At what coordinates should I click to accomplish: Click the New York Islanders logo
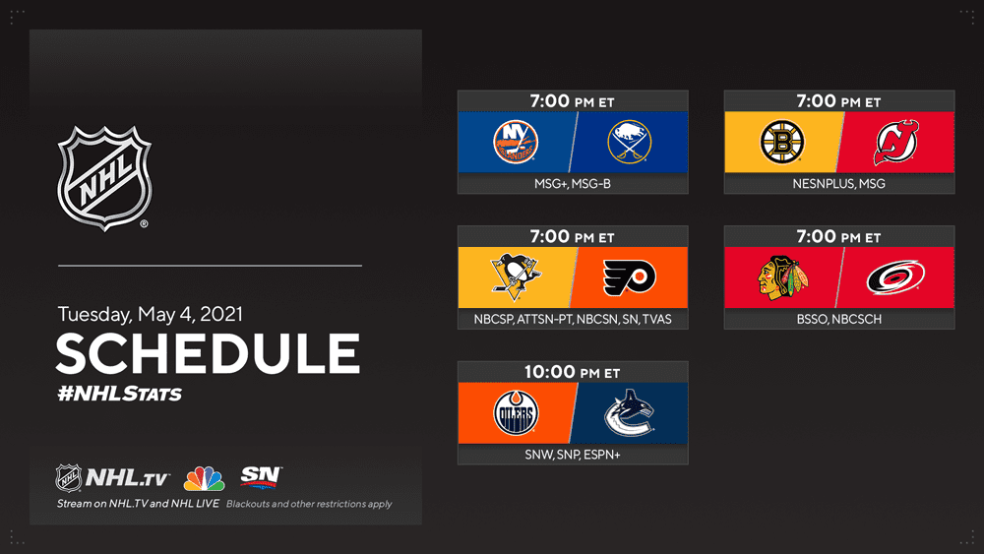516,142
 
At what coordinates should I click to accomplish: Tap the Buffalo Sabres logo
630,142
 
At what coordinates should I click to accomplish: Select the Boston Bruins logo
782,142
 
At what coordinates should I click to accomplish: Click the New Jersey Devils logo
896,143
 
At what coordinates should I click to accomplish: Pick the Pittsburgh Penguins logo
516,277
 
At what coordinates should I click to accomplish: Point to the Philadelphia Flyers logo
630,277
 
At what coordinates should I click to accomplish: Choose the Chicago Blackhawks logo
782,277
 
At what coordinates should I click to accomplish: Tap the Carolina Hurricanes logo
895,277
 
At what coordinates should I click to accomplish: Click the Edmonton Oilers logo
516,413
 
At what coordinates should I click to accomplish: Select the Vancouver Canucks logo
629,413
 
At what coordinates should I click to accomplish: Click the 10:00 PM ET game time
573,372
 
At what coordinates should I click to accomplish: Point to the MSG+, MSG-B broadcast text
573,184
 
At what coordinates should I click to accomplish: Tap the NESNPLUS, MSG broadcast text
839,184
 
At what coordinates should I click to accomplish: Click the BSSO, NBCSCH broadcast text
839,320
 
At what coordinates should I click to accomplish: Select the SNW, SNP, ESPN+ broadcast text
573,455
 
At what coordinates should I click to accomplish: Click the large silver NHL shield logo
105,178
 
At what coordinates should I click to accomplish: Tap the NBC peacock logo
204,478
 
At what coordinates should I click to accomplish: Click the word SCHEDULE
209,353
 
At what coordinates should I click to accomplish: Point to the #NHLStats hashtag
119,394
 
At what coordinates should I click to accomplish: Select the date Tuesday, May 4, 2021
150,314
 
